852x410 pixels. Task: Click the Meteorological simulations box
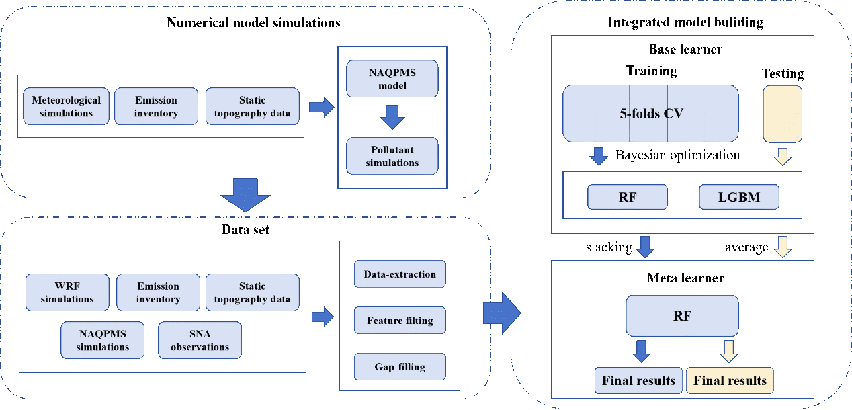(x=66, y=106)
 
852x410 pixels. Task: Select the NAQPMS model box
(x=392, y=79)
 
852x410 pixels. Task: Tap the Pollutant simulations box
(x=392, y=156)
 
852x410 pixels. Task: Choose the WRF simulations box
(x=67, y=292)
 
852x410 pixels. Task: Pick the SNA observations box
(x=200, y=340)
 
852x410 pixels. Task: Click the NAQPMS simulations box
(x=102, y=340)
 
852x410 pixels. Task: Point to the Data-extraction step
(x=400, y=274)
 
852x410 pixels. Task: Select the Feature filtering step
(x=400, y=321)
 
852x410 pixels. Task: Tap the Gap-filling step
(x=400, y=367)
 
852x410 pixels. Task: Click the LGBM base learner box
(x=739, y=197)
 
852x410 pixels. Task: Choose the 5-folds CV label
(x=651, y=114)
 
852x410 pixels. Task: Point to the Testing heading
(x=783, y=73)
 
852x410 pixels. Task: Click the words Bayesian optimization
(x=677, y=155)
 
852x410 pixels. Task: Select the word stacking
(x=609, y=247)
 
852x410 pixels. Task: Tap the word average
(x=747, y=247)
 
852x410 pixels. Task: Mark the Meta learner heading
(x=685, y=278)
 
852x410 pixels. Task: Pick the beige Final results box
(x=730, y=380)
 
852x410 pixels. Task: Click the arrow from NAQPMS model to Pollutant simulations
(x=392, y=117)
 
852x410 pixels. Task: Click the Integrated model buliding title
(x=685, y=22)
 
